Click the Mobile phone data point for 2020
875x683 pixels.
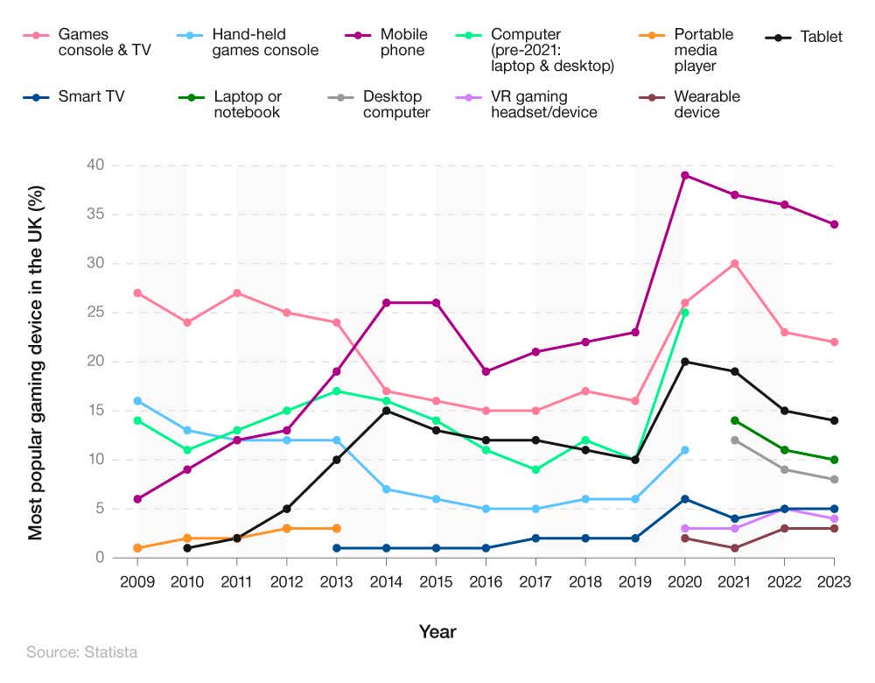pyautogui.click(x=684, y=175)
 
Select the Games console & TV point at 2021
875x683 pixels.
pyautogui.click(x=734, y=264)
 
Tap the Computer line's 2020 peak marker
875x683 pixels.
pyautogui.click(x=684, y=313)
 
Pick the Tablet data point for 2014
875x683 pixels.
pyautogui.click(x=386, y=411)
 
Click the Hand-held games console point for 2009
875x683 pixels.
pyautogui.click(x=137, y=401)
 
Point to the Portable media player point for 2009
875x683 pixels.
pyautogui.click(x=137, y=548)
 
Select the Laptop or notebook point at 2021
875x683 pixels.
pyautogui.click(x=734, y=420)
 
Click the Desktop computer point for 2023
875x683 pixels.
pyautogui.click(x=834, y=479)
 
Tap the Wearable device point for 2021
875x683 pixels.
pyautogui.click(x=734, y=548)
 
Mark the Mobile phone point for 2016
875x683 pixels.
pyautogui.click(x=486, y=371)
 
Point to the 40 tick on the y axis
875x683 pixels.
pyautogui.click(x=95, y=165)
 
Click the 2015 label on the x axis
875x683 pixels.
pyautogui.click(x=436, y=581)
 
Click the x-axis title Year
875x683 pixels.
pyautogui.click(x=437, y=631)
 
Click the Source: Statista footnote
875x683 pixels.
pyautogui.click(x=81, y=652)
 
